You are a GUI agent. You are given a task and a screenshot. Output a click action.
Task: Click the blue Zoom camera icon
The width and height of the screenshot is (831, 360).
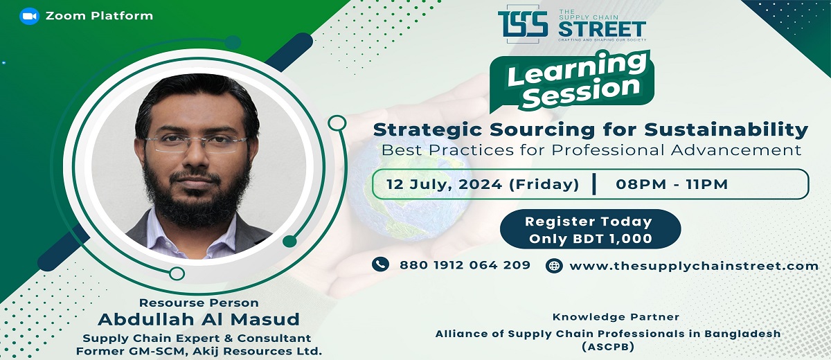29,16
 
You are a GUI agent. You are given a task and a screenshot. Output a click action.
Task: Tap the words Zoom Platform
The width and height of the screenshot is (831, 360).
99,16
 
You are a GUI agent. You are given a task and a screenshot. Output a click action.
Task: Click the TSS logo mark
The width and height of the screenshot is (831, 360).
523,24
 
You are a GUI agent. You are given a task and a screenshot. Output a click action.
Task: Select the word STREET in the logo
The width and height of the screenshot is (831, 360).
602,29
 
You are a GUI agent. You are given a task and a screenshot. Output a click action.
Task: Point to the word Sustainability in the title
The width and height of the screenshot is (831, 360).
726,129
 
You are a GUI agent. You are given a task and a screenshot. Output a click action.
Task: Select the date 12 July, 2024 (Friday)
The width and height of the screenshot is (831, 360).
483,184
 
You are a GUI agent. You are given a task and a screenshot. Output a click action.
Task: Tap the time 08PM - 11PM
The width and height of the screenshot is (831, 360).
672,184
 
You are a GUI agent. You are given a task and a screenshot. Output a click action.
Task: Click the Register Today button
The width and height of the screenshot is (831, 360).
590,229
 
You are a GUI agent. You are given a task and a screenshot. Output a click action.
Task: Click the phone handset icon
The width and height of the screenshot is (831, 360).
380,264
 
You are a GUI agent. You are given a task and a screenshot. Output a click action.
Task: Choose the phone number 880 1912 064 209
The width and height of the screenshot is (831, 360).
465,265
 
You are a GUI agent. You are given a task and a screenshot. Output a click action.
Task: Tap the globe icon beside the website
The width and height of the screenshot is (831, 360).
554,266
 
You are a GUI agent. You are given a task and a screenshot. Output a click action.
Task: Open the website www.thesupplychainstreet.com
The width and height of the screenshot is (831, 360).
694,267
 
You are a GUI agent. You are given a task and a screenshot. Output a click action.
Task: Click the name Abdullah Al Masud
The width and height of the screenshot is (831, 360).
199,320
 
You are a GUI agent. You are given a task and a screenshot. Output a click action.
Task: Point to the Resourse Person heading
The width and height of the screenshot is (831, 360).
199,303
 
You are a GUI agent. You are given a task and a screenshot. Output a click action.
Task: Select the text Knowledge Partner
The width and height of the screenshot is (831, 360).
616,317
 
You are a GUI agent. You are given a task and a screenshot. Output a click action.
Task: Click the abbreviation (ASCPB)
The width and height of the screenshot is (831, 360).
608,348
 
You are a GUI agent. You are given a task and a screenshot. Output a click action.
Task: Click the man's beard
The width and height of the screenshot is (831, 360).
197,197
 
